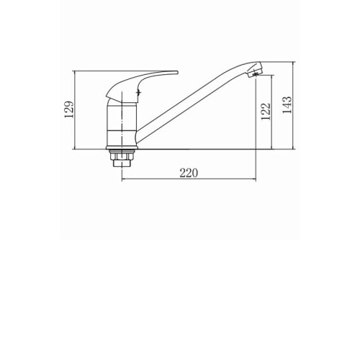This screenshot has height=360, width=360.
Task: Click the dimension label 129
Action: click(69, 109)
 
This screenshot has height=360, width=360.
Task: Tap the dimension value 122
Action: click(266, 112)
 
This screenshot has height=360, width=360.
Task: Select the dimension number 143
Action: click(287, 105)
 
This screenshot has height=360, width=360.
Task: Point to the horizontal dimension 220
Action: click(189, 173)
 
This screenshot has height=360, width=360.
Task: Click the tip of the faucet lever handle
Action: click(177, 72)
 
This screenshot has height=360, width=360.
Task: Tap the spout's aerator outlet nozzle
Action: click(255, 72)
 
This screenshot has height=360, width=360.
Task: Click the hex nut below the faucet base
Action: click(122, 156)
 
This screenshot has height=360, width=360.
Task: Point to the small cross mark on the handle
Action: click(138, 92)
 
